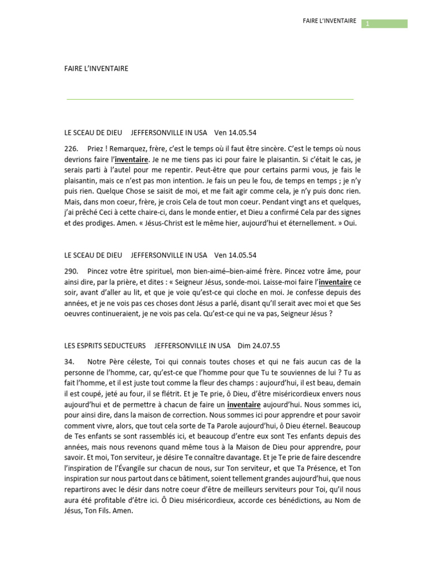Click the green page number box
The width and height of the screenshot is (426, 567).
tap(384, 23)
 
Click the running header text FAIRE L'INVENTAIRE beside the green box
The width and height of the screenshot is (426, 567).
tap(329, 21)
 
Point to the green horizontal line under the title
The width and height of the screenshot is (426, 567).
tap(210, 100)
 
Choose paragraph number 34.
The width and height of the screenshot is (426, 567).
tap(69, 361)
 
